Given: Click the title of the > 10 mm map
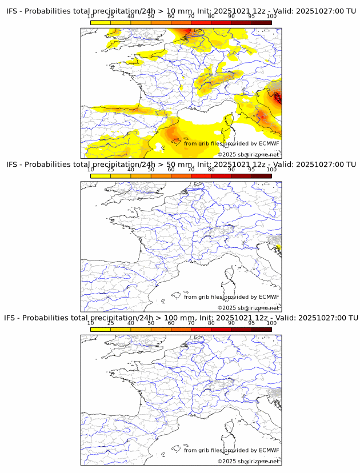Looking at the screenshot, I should tap(181, 11).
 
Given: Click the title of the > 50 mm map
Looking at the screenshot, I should tap(181, 165).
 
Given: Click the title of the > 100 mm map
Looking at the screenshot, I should tap(181, 318).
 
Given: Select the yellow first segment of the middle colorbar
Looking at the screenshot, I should tap(101, 176).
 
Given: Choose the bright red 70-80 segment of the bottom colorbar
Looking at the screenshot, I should tap(201, 329).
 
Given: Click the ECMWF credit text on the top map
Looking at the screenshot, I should tap(231, 143).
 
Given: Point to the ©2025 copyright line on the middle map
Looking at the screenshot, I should tap(249, 308).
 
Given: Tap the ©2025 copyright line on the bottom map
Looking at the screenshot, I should tap(249, 461).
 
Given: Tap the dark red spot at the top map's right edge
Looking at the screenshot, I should tap(278, 97).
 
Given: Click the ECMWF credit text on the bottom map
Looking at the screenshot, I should tap(231, 450).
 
